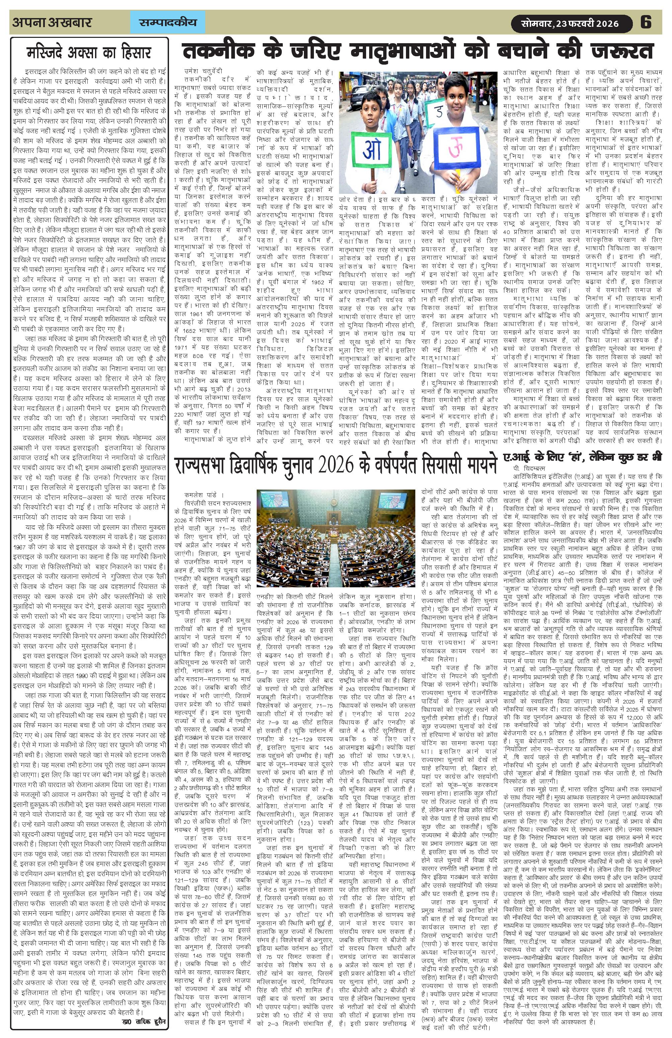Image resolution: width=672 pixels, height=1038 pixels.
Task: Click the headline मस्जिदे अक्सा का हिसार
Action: [x=89, y=53]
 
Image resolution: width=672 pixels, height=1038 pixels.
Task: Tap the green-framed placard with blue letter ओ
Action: [x=371, y=149]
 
